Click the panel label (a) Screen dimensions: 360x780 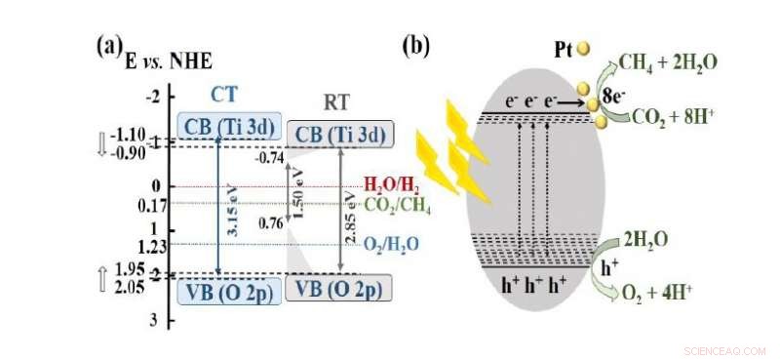click(108, 46)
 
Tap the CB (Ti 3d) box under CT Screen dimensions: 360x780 click(225, 126)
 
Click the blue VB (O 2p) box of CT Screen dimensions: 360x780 click(227, 291)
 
